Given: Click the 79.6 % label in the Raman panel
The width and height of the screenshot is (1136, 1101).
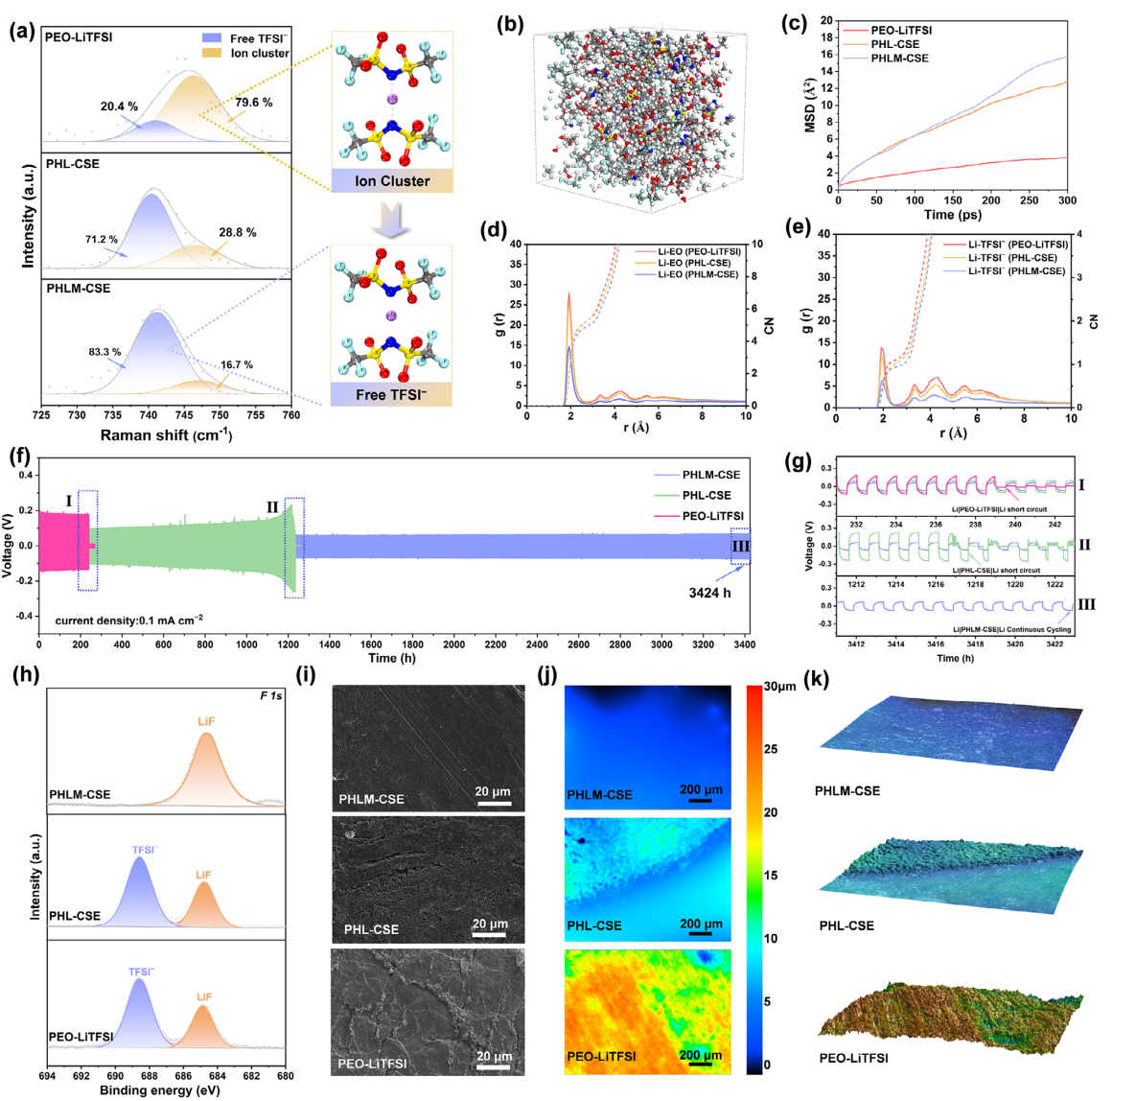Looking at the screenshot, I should (x=254, y=103).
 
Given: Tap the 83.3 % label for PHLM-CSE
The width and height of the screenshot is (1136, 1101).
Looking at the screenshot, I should (x=103, y=352).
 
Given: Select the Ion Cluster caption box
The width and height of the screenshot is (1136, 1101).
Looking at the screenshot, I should (x=392, y=180).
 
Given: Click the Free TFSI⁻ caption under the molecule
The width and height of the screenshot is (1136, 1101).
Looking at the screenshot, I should (x=392, y=394).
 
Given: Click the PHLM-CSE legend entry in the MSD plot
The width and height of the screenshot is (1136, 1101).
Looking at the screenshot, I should (x=899, y=59).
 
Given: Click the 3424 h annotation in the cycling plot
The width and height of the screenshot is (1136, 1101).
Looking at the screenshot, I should (x=710, y=593).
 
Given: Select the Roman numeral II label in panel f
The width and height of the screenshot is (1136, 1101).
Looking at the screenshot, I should (x=272, y=506).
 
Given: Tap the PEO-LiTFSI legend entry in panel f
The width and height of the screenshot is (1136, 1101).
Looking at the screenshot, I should (x=707, y=516).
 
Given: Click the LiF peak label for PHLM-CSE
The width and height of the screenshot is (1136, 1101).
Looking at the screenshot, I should (x=207, y=719).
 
